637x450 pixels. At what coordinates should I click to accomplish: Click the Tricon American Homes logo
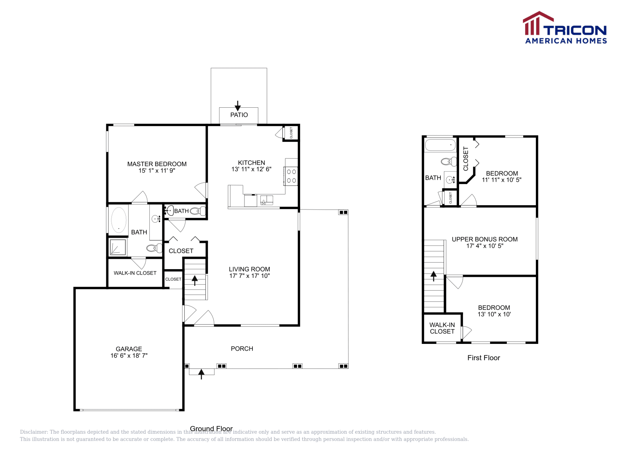pos(565,28)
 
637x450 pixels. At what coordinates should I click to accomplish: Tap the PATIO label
pos(239,115)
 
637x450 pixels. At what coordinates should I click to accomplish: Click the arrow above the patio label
pos(238,106)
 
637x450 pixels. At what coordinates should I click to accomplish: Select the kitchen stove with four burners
pos(291,176)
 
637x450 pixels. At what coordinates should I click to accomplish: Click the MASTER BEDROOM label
pos(157,164)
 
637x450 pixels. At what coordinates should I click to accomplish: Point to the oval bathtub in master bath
pos(119,220)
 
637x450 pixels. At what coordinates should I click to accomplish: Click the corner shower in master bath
pos(118,247)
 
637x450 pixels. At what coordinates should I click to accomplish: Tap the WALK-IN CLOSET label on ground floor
pos(135,273)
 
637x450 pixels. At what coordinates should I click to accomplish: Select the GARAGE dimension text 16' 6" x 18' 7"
pos(129,356)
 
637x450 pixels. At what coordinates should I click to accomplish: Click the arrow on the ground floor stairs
pos(195,280)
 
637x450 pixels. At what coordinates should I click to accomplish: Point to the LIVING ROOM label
pos(249,269)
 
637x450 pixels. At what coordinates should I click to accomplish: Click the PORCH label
pos(242,349)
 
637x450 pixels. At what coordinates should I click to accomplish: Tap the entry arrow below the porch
pos(201,374)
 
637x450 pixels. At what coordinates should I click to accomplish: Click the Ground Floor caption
pos(211,429)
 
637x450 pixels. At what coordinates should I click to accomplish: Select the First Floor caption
pos(483,358)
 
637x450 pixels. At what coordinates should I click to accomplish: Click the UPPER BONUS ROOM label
pos(485,239)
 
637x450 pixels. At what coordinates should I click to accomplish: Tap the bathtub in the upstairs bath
pos(440,145)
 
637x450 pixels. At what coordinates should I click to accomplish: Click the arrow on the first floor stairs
pos(434,275)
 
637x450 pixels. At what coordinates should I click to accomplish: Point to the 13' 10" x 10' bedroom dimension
pos(494,314)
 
